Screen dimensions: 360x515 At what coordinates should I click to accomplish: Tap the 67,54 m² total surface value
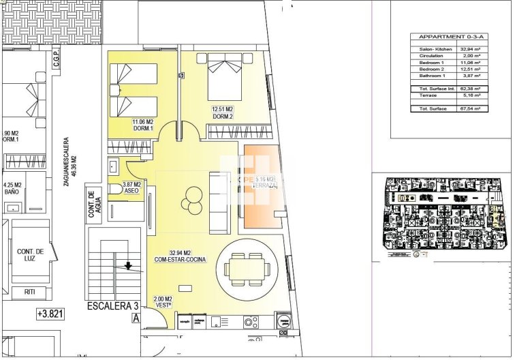(x=469, y=108)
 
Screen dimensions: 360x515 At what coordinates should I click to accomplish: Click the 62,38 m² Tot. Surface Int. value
(x=469, y=89)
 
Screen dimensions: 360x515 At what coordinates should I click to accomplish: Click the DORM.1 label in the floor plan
(x=142, y=127)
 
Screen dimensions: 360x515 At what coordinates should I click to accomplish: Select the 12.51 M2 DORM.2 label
(x=223, y=112)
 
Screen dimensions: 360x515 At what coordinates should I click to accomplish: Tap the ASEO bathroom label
(x=131, y=188)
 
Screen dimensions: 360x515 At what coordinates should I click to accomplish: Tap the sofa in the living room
(x=219, y=202)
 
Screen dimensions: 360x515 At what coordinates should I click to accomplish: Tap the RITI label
(x=31, y=291)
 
